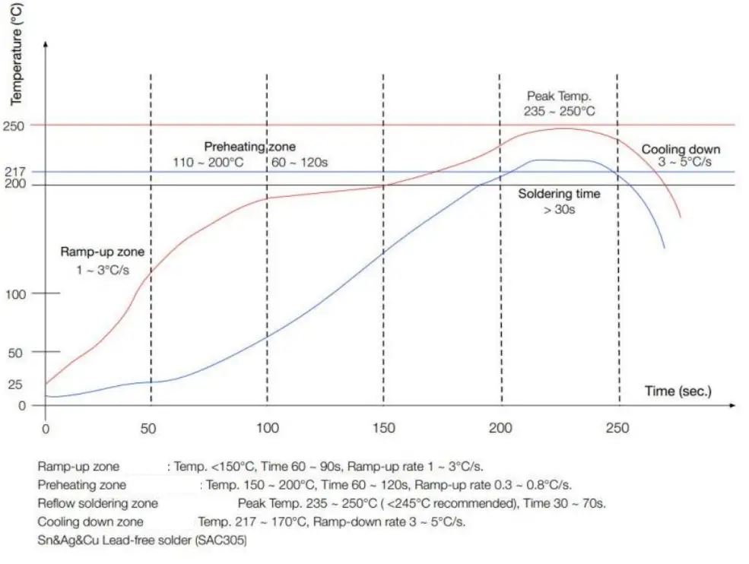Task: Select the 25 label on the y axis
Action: pyautogui.click(x=14, y=385)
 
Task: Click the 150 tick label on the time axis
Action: pyautogui.click(x=384, y=429)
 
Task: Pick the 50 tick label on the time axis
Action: pyautogui.click(x=149, y=429)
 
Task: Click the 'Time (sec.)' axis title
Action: pyautogui.click(x=678, y=391)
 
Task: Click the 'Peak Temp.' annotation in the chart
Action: pyautogui.click(x=559, y=97)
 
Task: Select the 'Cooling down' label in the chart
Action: pyautogui.click(x=681, y=150)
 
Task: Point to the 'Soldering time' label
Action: pyautogui.click(x=559, y=194)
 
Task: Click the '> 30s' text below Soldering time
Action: pyautogui.click(x=559, y=209)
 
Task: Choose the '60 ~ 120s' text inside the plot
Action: pyautogui.click(x=300, y=163)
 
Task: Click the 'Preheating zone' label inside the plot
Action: pyautogui.click(x=249, y=147)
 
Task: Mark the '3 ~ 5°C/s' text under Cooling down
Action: pyautogui.click(x=684, y=163)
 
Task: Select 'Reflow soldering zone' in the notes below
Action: pyautogui.click(x=98, y=503)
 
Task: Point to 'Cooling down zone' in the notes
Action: pyautogui.click(x=90, y=522)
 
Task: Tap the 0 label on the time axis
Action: pyautogui.click(x=45, y=429)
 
